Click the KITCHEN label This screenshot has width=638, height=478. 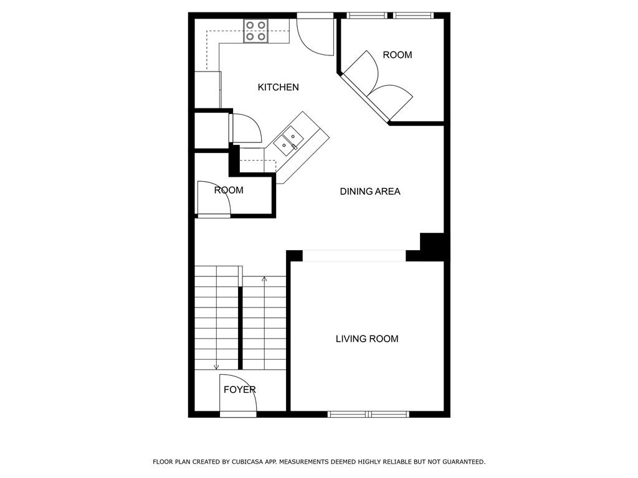(278, 88)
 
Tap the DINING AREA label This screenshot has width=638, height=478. (370, 192)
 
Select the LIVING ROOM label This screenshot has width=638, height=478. (367, 339)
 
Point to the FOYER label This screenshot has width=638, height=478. (240, 390)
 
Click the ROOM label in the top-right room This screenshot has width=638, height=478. (397, 55)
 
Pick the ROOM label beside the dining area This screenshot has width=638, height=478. (229, 190)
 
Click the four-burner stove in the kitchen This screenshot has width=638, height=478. (255, 31)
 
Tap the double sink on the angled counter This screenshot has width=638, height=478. (288, 140)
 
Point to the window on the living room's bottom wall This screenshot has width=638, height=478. (368, 414)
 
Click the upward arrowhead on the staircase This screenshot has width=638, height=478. (264, 279)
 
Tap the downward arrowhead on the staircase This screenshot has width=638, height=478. (216, 367)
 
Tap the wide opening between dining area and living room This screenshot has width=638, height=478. (354, 256)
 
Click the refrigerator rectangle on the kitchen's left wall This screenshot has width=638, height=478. (207, 90)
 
